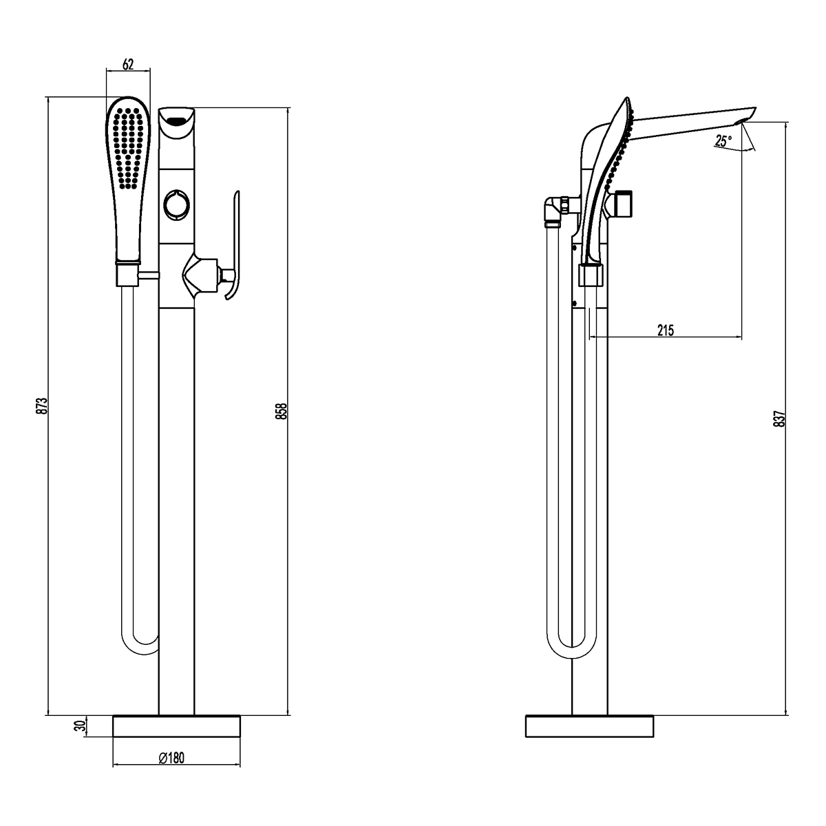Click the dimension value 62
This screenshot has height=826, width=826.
(128, 64)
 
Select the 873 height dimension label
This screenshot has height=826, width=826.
(41, 405)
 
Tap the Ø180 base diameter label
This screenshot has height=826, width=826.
(171, 758)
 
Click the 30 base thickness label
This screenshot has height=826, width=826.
(79, 726)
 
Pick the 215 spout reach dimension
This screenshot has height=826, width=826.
(665, 330)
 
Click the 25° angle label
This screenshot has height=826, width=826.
(723, 141)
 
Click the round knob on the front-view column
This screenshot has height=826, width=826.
(177, 204)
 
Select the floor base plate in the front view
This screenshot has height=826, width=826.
(176, 727)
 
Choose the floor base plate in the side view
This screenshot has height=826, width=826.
(589, 727)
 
